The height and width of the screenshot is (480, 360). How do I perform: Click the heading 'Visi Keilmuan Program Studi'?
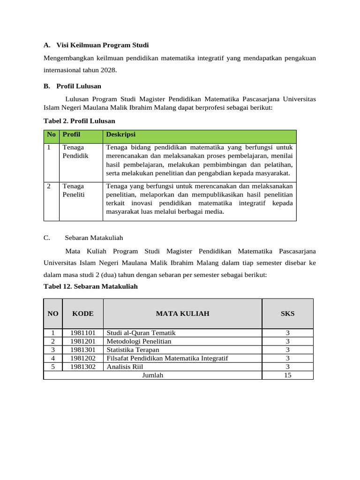102,45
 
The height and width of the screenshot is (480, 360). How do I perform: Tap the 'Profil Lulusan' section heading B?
78,86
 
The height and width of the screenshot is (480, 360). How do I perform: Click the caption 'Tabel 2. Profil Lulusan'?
79,121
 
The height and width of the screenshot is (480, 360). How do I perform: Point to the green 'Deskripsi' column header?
120,135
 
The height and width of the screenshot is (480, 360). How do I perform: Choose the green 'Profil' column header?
71,135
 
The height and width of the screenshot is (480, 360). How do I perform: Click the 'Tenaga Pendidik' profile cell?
75,151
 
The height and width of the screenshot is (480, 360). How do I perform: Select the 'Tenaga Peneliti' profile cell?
74,190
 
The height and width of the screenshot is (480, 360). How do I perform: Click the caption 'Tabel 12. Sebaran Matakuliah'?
90,286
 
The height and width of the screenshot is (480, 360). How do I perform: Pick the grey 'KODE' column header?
83,314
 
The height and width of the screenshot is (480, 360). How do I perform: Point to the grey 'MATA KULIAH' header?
182,314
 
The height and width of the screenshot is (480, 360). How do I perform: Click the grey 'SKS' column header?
287,314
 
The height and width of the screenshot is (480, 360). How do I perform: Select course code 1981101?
83,333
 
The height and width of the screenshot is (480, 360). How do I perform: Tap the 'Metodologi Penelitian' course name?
139,341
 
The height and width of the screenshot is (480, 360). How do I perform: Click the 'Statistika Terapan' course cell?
133,350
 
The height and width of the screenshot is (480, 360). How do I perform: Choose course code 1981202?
83,358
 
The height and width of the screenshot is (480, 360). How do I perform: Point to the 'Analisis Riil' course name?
125,367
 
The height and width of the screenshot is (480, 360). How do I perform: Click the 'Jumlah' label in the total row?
152,375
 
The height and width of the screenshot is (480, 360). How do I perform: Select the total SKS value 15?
287,375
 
